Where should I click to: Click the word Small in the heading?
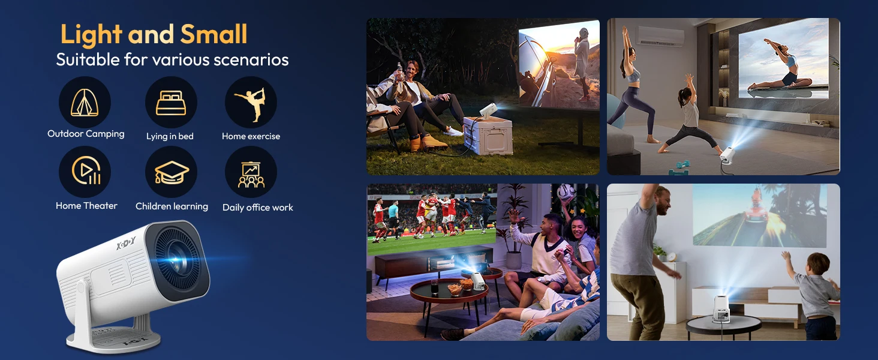point(214,34)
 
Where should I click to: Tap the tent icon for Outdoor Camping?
point(85,103)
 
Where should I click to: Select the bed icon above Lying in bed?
point(171,103)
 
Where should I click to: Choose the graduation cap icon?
point(172,173)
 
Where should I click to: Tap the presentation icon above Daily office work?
point(251,175)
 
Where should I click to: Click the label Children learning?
point(172,206)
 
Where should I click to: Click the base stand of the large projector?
point(114,337)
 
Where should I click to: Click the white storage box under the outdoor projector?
point(488,134)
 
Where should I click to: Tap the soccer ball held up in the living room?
point(566,193)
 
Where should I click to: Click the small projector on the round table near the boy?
point(721,309)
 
